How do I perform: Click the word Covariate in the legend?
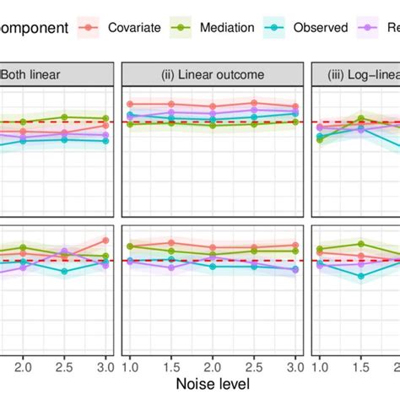tap(135, 27)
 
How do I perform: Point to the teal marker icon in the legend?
tap(273, 27)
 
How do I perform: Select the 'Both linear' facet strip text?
tap(39, 74)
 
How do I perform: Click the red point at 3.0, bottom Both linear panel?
tap(105, 241)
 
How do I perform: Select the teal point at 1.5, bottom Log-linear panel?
tap(360, 276)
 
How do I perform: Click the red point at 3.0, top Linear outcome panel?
tap(295, 105)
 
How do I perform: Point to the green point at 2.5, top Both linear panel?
tap(64, 116)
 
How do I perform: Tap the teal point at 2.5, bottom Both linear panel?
tap(64, 271)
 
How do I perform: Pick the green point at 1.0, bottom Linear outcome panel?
tap(130, 246)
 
